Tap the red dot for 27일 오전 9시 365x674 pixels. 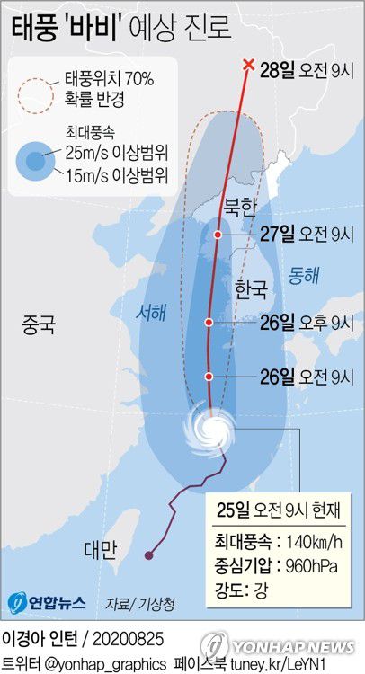pyautogui.click(x=218, y=234)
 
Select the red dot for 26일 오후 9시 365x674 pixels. pyautogui.click(x=209, y=321)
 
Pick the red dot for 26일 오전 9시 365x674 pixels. pyautogui.click(x=209, y=376)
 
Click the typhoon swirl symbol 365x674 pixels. pyautogui.click(x=210, y=427)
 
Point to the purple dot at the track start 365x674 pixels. pyautogui.click(x=149, y=555)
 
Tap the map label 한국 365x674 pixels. pyautogui.click(x=250, y=289)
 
